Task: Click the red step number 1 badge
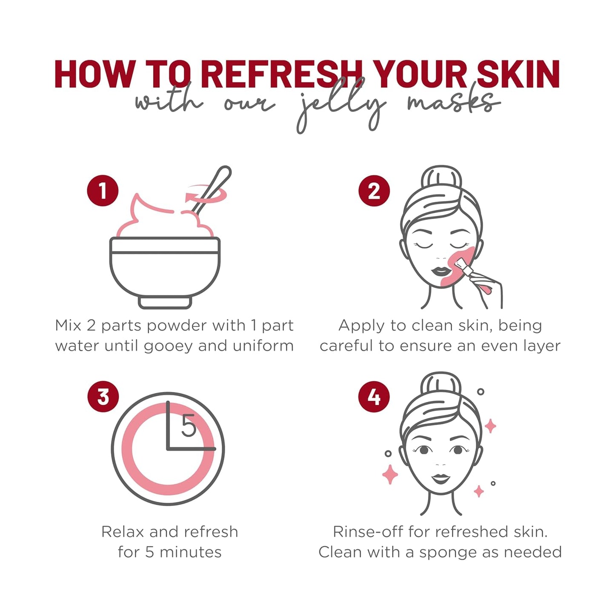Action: coord(103,191)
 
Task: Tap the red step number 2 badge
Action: coord(374,191)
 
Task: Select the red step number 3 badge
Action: coord(103,397)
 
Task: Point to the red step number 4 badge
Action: coord(374,397)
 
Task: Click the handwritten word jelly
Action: coord(340,106)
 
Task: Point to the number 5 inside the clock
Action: coord(189,426)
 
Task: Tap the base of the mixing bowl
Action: coord(165,302)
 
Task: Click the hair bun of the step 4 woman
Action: coord(441,383)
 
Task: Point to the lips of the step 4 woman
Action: coord(441,478)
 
